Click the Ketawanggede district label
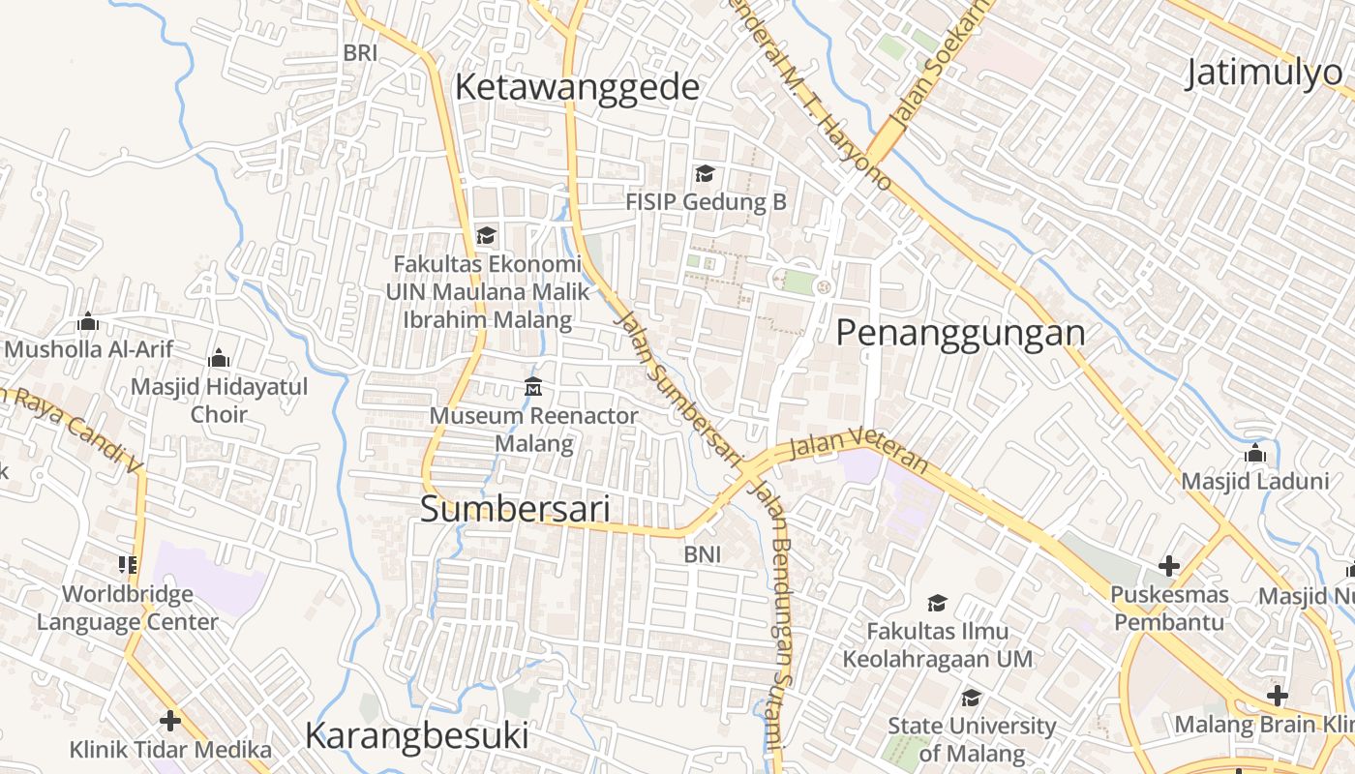click(x=577, y=88)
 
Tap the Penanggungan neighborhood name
click(x=960, y=333)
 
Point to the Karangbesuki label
click(x=417, y=736)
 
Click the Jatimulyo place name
click(x=1268, y=74)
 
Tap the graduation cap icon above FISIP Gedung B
click(x=705, y=174)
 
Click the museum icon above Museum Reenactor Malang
click(x=533, y=387)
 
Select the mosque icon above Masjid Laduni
click(x=1255, y=453)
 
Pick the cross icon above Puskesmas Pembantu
click(x=1169, y=566)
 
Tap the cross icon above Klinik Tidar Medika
click(x=170, y=721)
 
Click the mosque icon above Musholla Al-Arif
click(x=88, y=321)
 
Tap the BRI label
click(x=360, y=54)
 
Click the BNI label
click(x=702, y=554)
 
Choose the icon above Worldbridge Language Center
click(x=128, y=564)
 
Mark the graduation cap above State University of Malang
click(x=971, y=698)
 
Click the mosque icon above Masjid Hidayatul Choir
click(x=219, y=359)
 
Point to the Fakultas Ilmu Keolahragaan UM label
click(x=937, y=645)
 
